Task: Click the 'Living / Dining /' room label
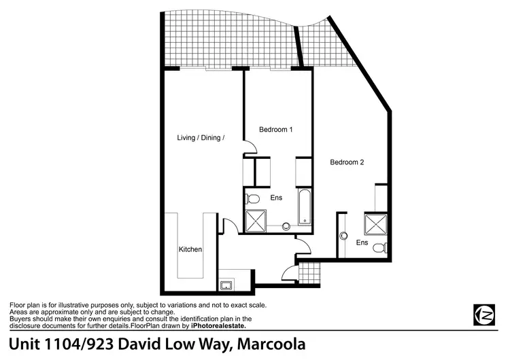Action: click(201, 137)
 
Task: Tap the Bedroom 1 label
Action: click(275, 129)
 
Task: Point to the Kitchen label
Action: click(190, 249)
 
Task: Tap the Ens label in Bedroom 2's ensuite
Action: click(362, 242)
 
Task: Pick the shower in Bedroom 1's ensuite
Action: click(256, 221)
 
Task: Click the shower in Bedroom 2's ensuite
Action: click(375, 224)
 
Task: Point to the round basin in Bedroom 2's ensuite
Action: click(345, 238)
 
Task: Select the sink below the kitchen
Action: click(226, 285)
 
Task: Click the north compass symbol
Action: click(483, 314)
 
